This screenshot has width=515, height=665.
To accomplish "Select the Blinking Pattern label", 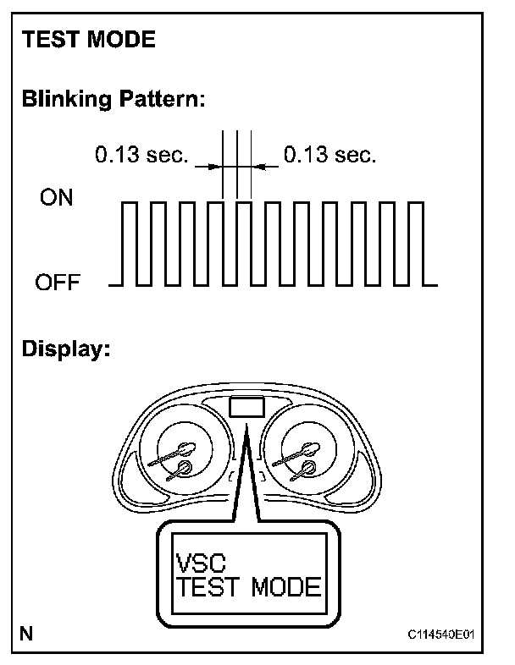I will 114,99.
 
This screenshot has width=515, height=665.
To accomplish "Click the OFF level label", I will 58,282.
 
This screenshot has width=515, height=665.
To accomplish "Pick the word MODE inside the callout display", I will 285,588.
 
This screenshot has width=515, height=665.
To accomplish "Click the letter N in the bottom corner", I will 27,633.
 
